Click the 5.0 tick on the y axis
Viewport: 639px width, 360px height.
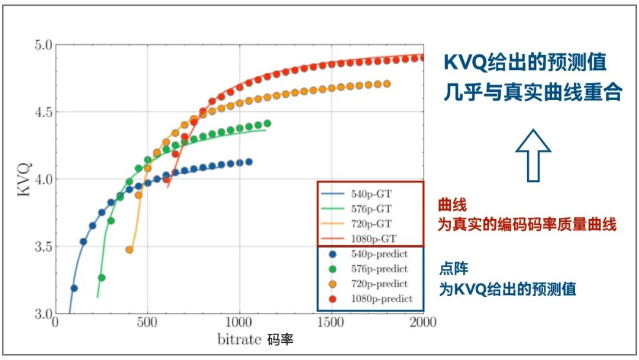[44, 45]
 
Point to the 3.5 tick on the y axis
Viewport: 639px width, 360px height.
[44, 246]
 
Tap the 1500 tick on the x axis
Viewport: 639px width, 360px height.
[331, 323]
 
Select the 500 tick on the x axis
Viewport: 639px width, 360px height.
[147, 323]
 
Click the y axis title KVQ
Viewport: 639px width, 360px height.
[25, 178]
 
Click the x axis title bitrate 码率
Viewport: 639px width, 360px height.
[255, 340]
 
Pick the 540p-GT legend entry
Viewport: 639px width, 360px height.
[369, 194]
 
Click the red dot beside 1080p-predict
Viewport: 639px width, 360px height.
[333, 298]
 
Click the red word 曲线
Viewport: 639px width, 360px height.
[453, 205]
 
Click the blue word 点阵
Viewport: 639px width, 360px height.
[453, 269]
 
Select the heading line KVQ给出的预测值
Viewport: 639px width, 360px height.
[525, 63]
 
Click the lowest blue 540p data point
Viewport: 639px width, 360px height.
[74, 288]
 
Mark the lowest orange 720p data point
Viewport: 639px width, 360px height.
[130, 250]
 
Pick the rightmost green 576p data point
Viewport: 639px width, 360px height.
[267, 124]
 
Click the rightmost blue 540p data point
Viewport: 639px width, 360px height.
[248, 162]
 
